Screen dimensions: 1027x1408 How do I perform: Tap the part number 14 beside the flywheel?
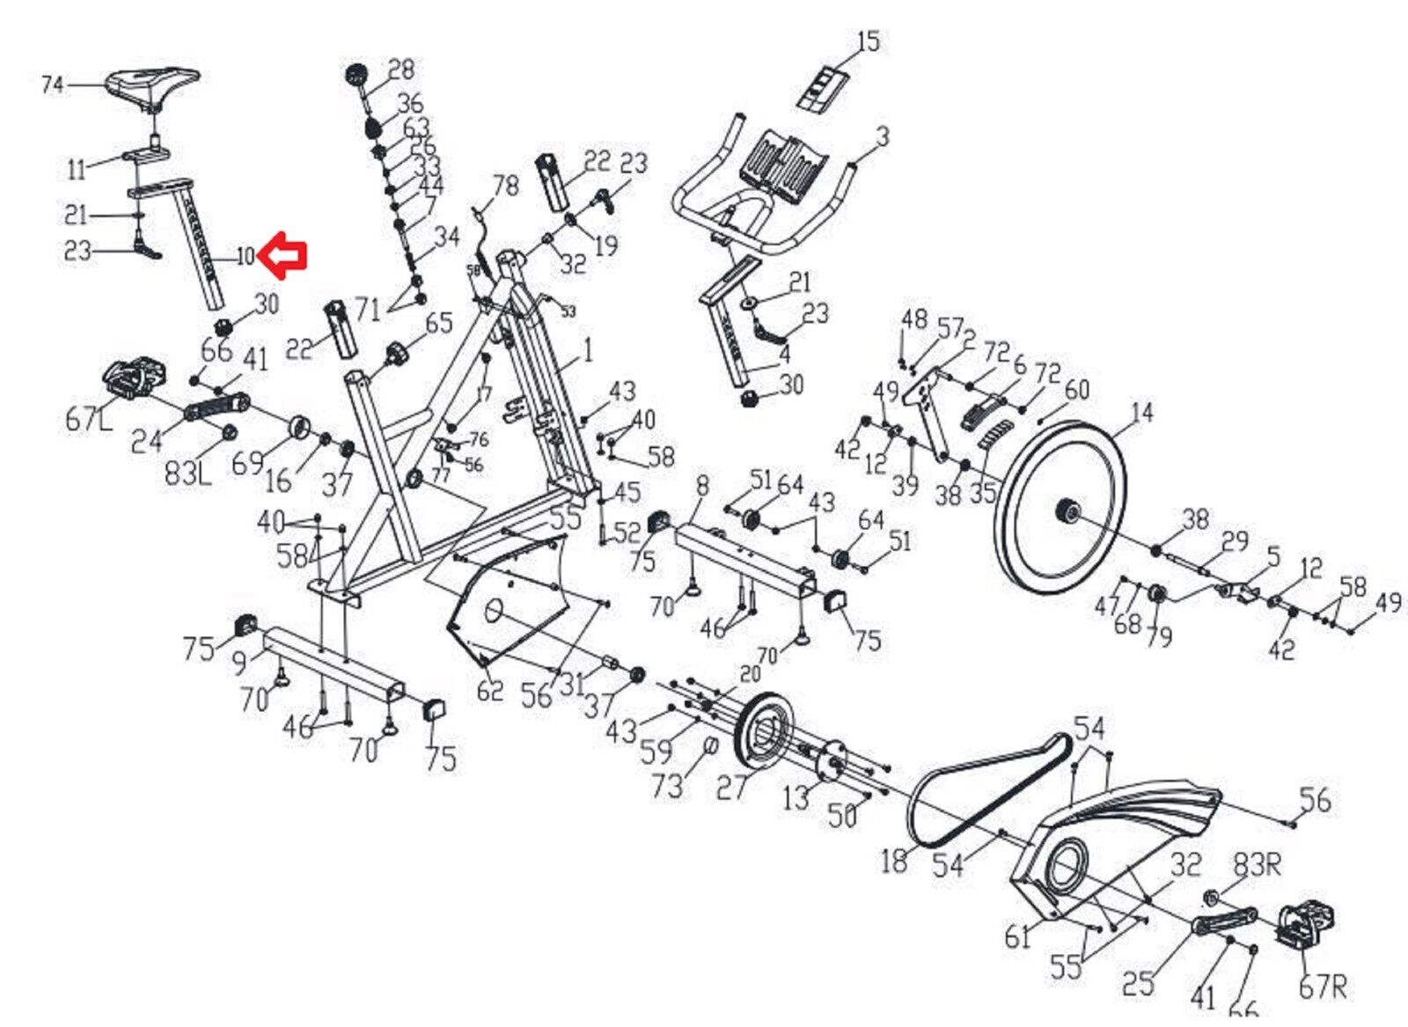(x=1141, y=412)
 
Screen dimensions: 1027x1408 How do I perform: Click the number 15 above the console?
(x=867, y=41)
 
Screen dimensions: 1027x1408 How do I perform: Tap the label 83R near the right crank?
(x=1256, y=865)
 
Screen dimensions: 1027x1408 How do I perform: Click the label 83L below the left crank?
(x=188, y=473)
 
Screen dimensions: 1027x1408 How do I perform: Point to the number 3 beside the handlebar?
(x=882, y=136)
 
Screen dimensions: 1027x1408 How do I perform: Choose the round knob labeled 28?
(x=356, y=74)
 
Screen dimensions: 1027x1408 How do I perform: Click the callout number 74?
(x=53, y=85)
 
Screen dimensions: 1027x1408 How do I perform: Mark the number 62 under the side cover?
(x=489, y=689)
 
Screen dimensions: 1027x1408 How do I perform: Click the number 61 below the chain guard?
(x=1016, y=936)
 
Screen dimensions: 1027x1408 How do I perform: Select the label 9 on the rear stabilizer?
(x=240, y=662)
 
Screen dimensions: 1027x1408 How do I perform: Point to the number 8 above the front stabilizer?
(x=701, y=486)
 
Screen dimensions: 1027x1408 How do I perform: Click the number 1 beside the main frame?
(x=587, y=351)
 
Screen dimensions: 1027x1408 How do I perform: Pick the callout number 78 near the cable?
(x=505, y=187)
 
